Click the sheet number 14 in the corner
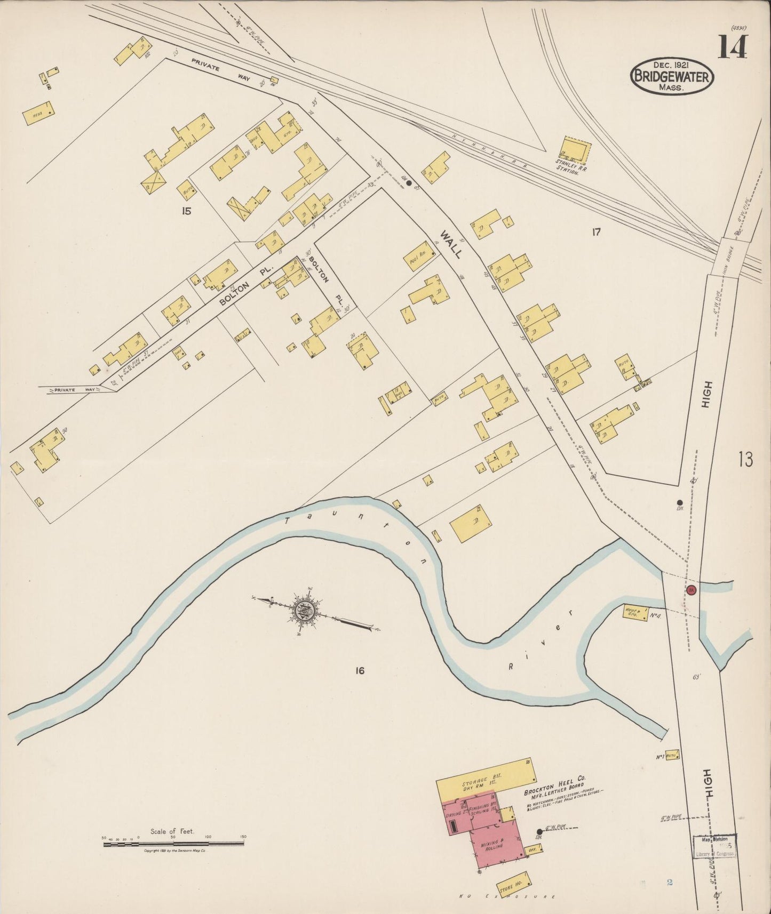coord(732,47)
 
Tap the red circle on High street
coord(691,590)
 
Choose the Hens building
coord(38,113)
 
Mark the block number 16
coord(360,670)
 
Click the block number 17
coord(596,232)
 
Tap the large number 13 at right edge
coord(745,459)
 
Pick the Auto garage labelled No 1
coord(671,756)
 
